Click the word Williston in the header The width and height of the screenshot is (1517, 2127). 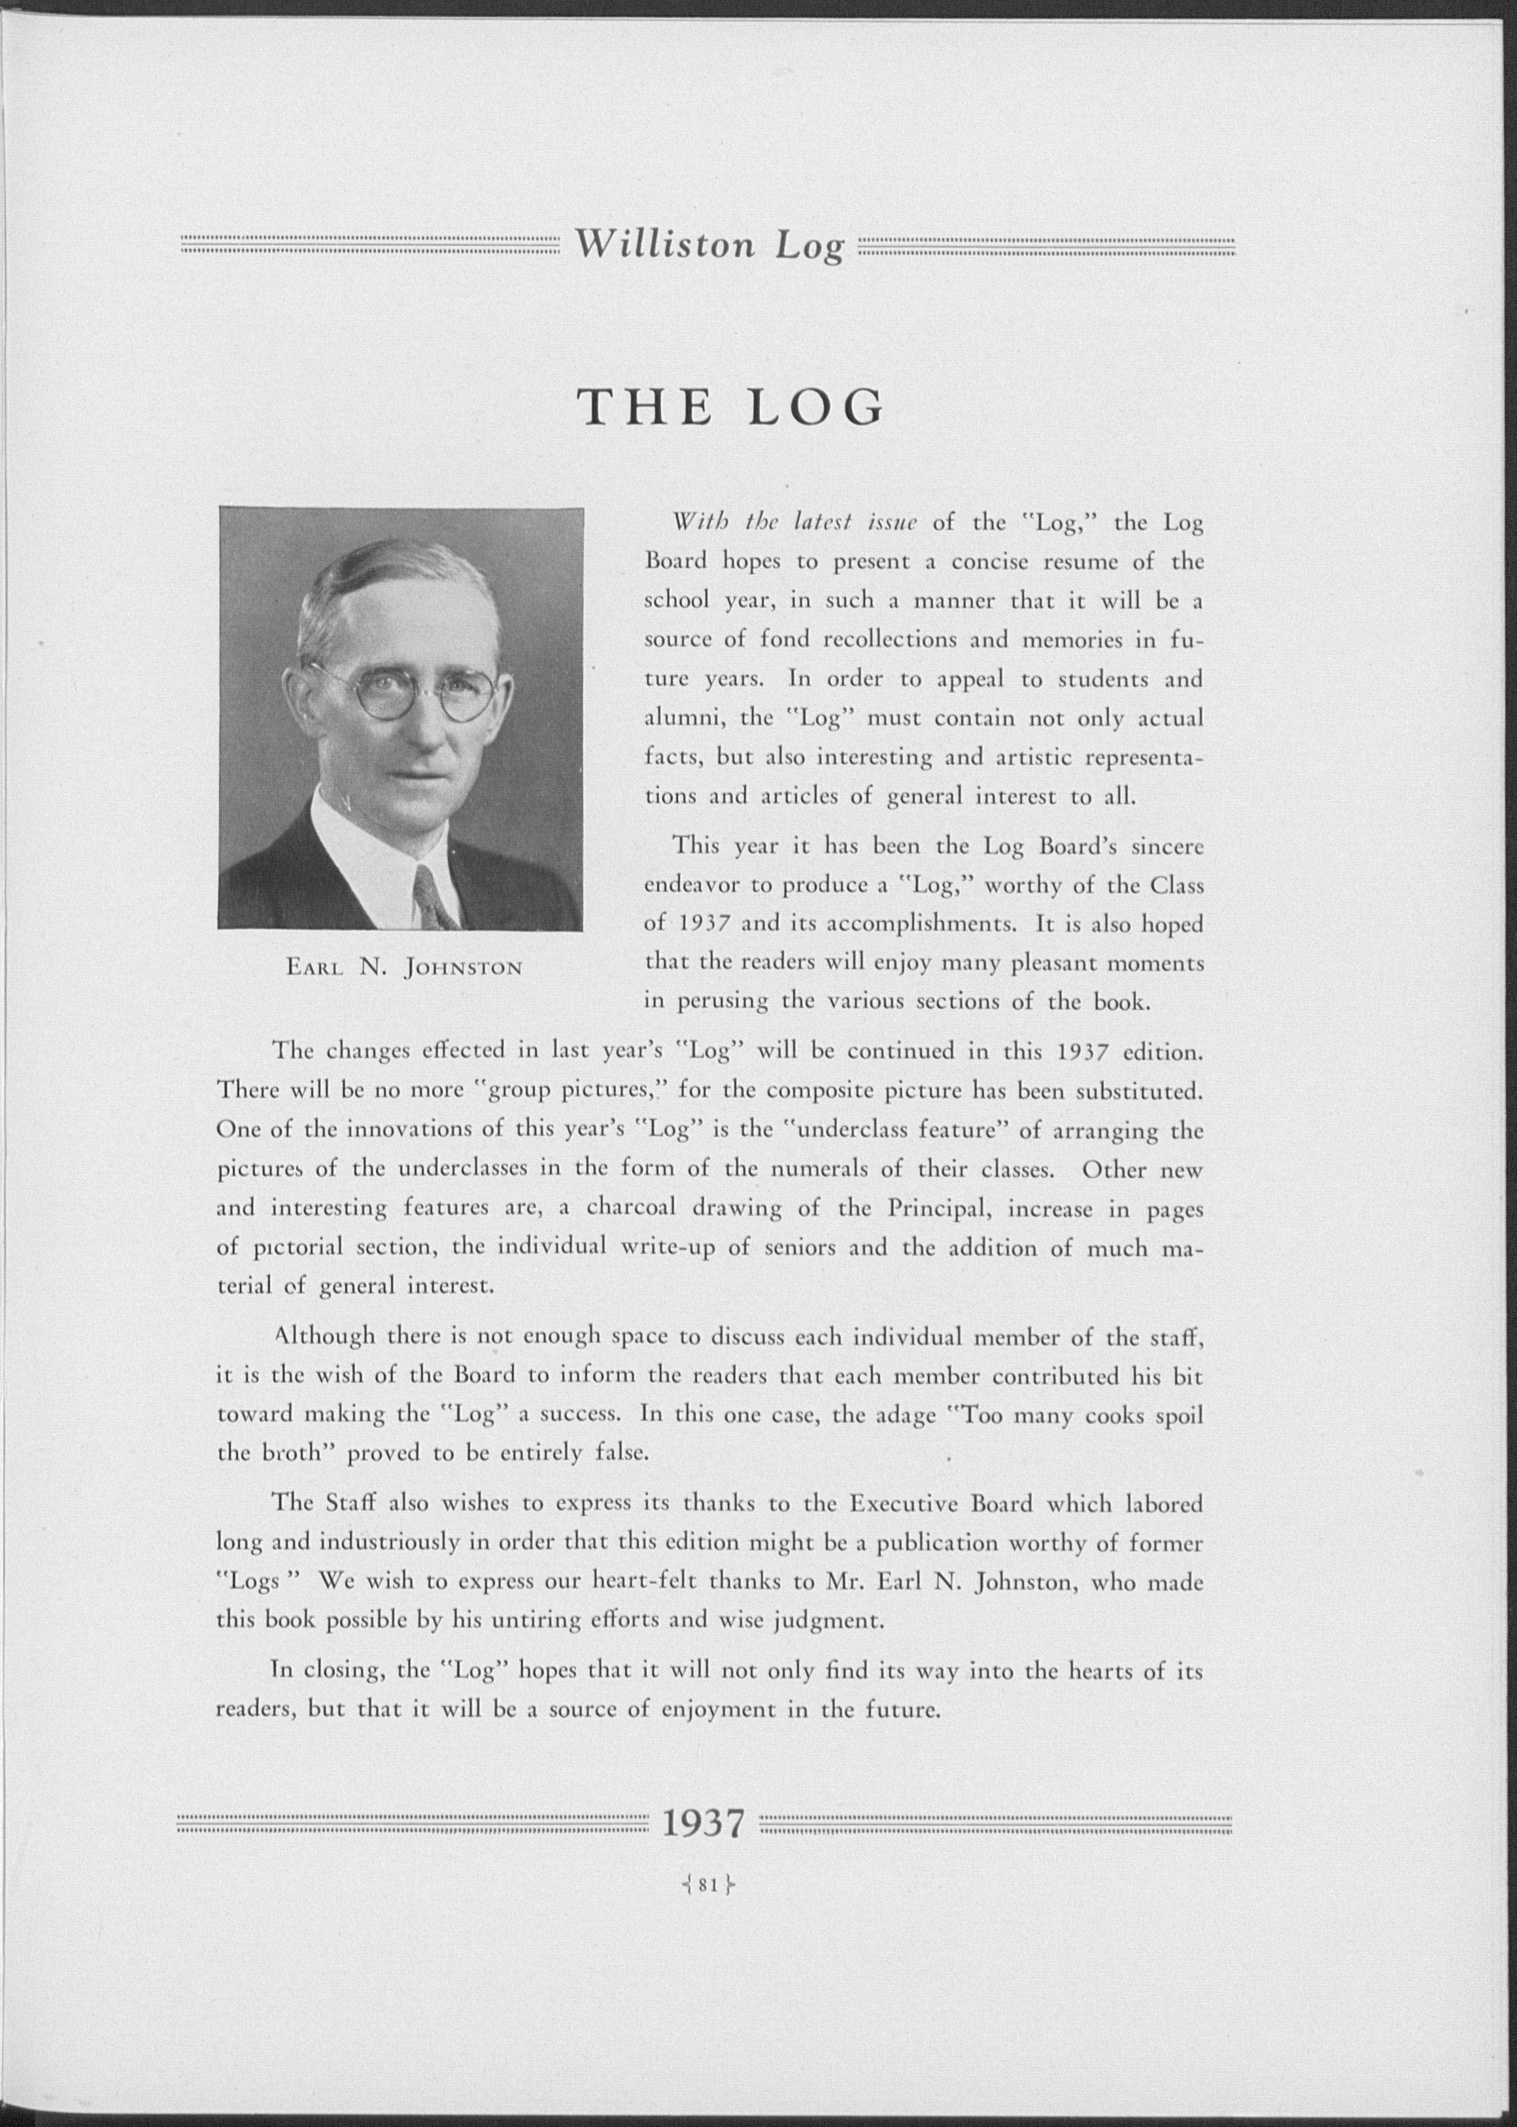click(663, 245)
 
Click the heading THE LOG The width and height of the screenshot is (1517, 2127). click(730, 407)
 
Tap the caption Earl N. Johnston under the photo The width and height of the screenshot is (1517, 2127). click(403, 967)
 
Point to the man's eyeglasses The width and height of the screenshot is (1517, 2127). click(411, 691)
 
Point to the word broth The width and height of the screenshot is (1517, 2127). click(292, 1454)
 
